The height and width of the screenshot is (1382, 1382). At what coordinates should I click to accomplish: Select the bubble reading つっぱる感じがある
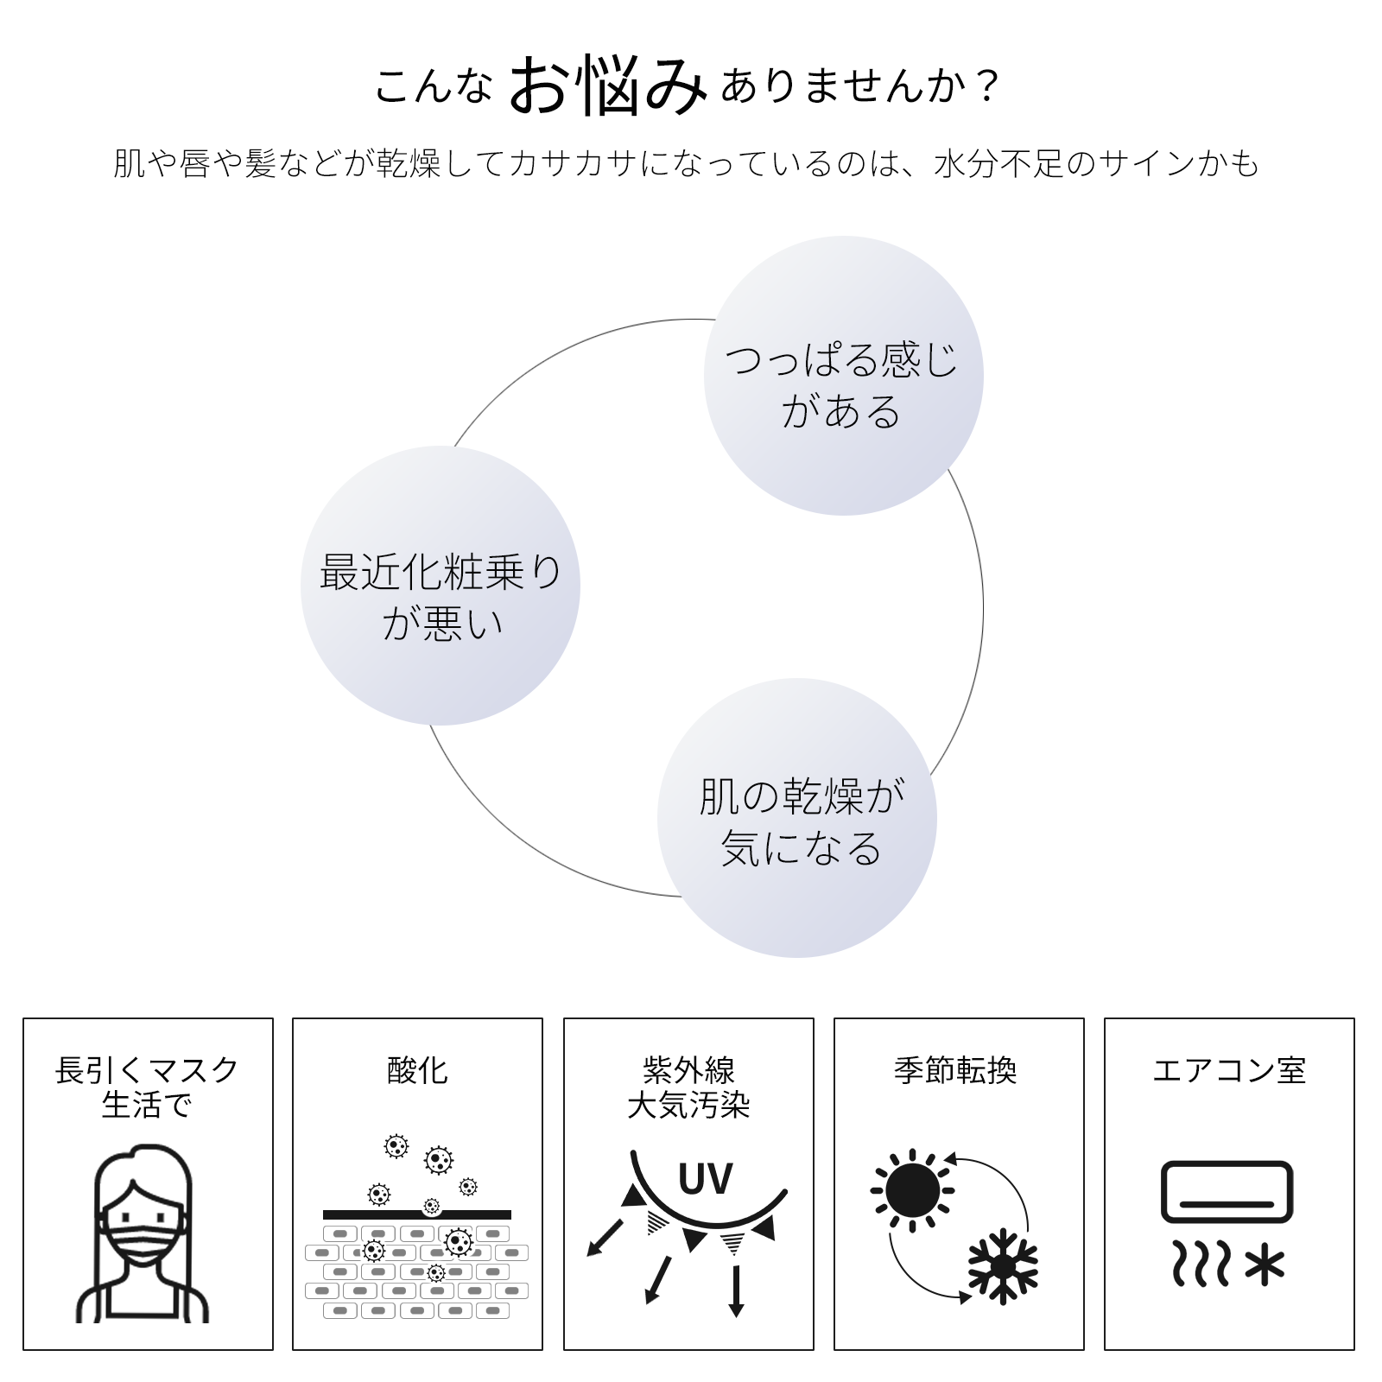(x=843, y=377)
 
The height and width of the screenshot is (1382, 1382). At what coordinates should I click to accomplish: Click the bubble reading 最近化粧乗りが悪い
(x=441, y=586)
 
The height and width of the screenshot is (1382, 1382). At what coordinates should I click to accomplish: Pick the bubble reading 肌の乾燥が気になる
(x=797, y=819)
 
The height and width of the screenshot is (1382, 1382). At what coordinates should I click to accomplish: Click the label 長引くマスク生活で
(x=147, y=1087)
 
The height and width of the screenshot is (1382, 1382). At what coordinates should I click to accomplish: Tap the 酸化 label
(x=417, y=1071)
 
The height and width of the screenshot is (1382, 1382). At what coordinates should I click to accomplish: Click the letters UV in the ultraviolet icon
(x=706, y=1179)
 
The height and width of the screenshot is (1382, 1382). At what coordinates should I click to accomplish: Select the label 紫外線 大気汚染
(x=688, y=1087)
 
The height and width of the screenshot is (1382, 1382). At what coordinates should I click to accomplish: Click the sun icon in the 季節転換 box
(x=912, y=1190)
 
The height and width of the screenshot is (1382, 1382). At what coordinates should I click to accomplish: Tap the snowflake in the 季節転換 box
(x=1003, y=1266)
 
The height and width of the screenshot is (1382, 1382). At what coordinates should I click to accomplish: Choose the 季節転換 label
(x=955, y=1071)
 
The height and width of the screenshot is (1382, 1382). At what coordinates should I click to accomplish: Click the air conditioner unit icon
(x=1227, y=1192)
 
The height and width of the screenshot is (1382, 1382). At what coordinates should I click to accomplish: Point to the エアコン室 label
(x=1228, y=1071)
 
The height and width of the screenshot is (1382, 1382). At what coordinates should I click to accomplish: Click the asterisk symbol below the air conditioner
(x=1265, y=1265)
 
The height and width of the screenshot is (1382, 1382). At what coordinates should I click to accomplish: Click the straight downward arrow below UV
(x=736, y=1290)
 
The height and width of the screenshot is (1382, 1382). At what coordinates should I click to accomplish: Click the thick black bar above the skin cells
(x=416, y=1214)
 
